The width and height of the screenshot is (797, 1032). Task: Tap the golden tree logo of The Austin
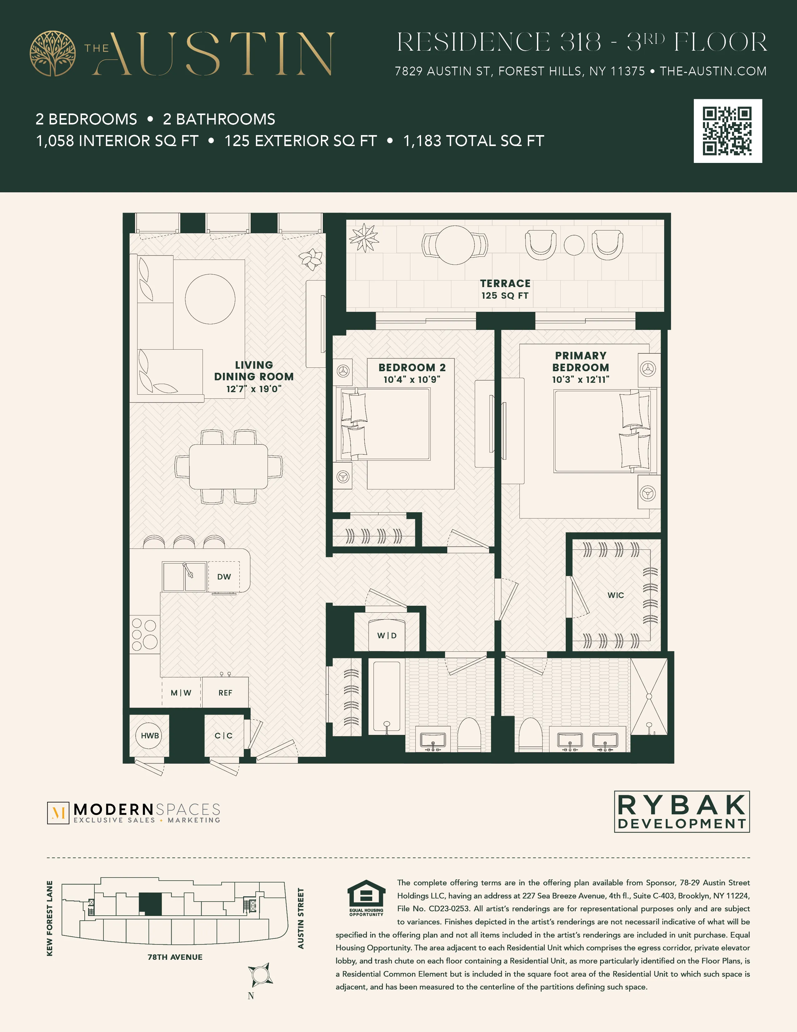coord(53,53)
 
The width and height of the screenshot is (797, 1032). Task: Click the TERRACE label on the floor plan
coord(505,284)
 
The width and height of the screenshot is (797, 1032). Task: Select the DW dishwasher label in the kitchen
coord(224,576)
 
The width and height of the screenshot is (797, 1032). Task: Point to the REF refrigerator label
coord(225,693)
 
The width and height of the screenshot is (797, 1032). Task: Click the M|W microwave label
coord(181,693)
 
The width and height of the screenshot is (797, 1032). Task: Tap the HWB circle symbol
coord(150,735)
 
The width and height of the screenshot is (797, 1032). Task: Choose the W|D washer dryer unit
coord(387,635)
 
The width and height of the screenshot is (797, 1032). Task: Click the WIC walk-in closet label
coord(615,595)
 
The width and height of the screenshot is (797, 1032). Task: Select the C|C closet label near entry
coord(223,735)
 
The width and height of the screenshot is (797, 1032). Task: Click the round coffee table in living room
coord(210,299)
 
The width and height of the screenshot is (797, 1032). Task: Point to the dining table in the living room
coord(228,466)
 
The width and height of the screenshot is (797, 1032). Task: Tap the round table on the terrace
coord(455,245)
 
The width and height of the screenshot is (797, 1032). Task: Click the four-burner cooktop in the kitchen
coord(144,634)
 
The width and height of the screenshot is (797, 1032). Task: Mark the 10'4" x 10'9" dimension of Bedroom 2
coord(412,379)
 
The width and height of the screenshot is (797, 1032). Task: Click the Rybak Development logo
coord(681,811)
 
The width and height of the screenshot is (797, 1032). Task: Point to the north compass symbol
coord(260,974)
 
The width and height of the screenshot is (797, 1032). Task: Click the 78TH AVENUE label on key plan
coord(175,957)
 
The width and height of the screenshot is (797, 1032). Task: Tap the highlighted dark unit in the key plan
coord(150,904)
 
